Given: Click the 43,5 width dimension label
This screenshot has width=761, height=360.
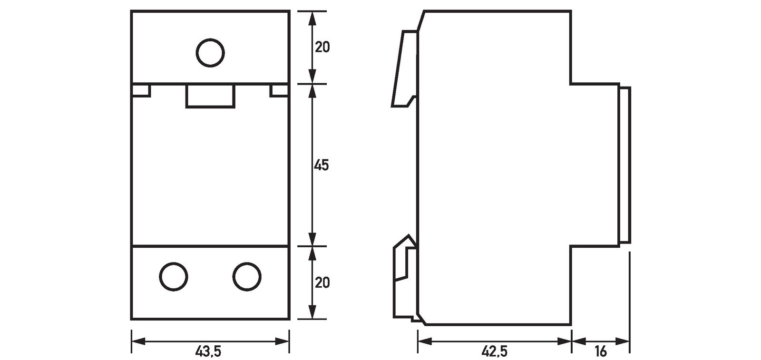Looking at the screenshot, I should (x=208, y=352).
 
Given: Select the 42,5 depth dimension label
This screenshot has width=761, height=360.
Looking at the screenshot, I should (x=494, y=352).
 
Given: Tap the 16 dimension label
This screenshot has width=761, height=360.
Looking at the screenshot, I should (x=600, y=352).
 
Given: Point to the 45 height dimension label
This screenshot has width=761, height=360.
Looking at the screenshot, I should (x=321, y=165).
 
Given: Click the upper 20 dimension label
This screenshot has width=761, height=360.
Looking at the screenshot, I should (x=322, y=48).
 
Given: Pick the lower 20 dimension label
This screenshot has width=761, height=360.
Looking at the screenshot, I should (x=322, y=282).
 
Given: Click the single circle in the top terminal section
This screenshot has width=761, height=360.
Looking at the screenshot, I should (x=210, y=52).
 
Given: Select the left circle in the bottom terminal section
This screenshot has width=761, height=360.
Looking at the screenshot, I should (x=174, y=276).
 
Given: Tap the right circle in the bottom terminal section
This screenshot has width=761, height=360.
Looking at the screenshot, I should (x=247, y=276).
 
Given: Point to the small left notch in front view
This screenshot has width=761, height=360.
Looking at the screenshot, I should (x=141, y=90).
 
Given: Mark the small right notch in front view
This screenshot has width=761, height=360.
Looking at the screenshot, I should (x=279, y=90).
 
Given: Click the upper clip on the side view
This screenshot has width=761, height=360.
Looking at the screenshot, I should (x=404, y=69).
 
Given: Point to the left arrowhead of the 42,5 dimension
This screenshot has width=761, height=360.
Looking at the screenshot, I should (x=423, y=341).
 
